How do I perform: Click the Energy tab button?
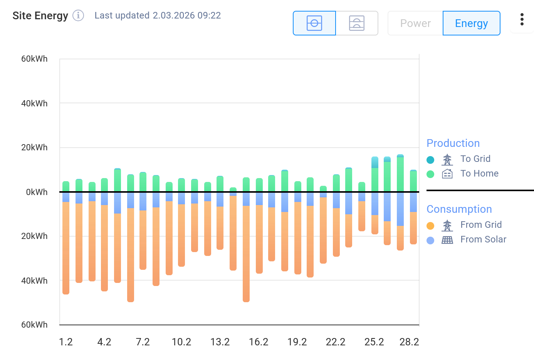pos(471,24)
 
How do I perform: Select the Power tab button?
pos(415,24)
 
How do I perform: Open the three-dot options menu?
pos(522,19)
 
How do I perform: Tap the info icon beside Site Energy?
pos(78,15)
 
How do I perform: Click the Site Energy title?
pos(40,16)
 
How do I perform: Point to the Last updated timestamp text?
pos(158,15)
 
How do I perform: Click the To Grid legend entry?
pos(475,159)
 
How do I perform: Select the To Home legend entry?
pos(479,173)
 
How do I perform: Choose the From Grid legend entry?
pos(480,225)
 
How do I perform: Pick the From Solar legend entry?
pos(483,239)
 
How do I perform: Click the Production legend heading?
pos(453,143)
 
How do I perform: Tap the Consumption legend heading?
pos(459,209)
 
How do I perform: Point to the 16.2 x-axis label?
pos(259,342)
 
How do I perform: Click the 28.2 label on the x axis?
pos(409,342)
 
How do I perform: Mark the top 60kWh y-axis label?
pos(34,59)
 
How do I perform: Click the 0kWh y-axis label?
pos(37,192)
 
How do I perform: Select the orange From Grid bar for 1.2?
pos(66,247)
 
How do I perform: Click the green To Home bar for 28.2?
pos(413,181)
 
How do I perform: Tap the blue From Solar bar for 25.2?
pos(375,204)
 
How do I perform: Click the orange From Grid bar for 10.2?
pos(181,235)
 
